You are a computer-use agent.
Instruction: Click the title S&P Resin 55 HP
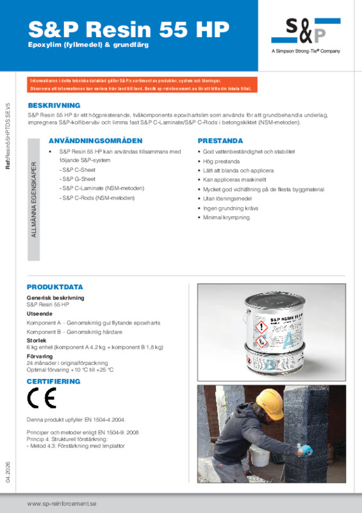pos(128,28)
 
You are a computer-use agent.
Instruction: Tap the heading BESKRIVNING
pos(53,105)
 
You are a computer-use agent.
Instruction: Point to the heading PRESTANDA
pos(220,140)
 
